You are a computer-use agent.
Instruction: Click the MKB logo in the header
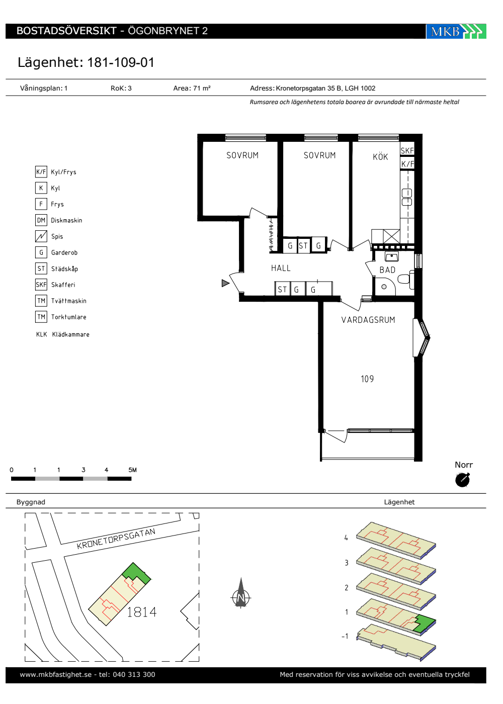(x=456, y=31)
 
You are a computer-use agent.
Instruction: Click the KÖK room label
(x=380, y=156)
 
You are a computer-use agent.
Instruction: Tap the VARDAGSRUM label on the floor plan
(x=368, y=320)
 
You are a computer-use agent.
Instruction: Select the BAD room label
(x=387, y=270)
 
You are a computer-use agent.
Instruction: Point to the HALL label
(x=281, y=268)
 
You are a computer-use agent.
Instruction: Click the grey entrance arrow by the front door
(x=225, y=283)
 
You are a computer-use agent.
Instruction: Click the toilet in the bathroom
(x=406, y=278)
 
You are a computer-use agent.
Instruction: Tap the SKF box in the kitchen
(x=407, y=150)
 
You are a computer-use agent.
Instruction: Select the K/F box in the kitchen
(x=407, y=163)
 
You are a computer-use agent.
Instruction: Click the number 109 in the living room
(x=367, y=379)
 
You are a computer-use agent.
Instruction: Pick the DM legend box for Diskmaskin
(x=41, y=220)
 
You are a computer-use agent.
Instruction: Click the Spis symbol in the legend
(x=41, y=236)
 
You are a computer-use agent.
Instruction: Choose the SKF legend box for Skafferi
(x=41, y=285)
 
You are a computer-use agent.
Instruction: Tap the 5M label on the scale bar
(x=132, y=470)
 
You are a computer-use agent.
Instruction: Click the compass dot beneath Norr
(x=462, y=480)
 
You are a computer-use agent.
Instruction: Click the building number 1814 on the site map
(x=141, y=612)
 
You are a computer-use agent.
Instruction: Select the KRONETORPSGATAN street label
(x=116, y=539)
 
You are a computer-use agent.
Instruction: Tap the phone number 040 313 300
(x=134, y=674)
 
